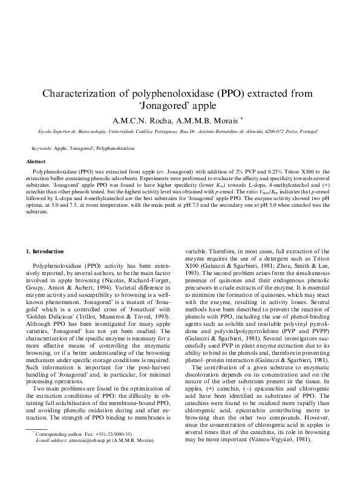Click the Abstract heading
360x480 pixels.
pos(34,162)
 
